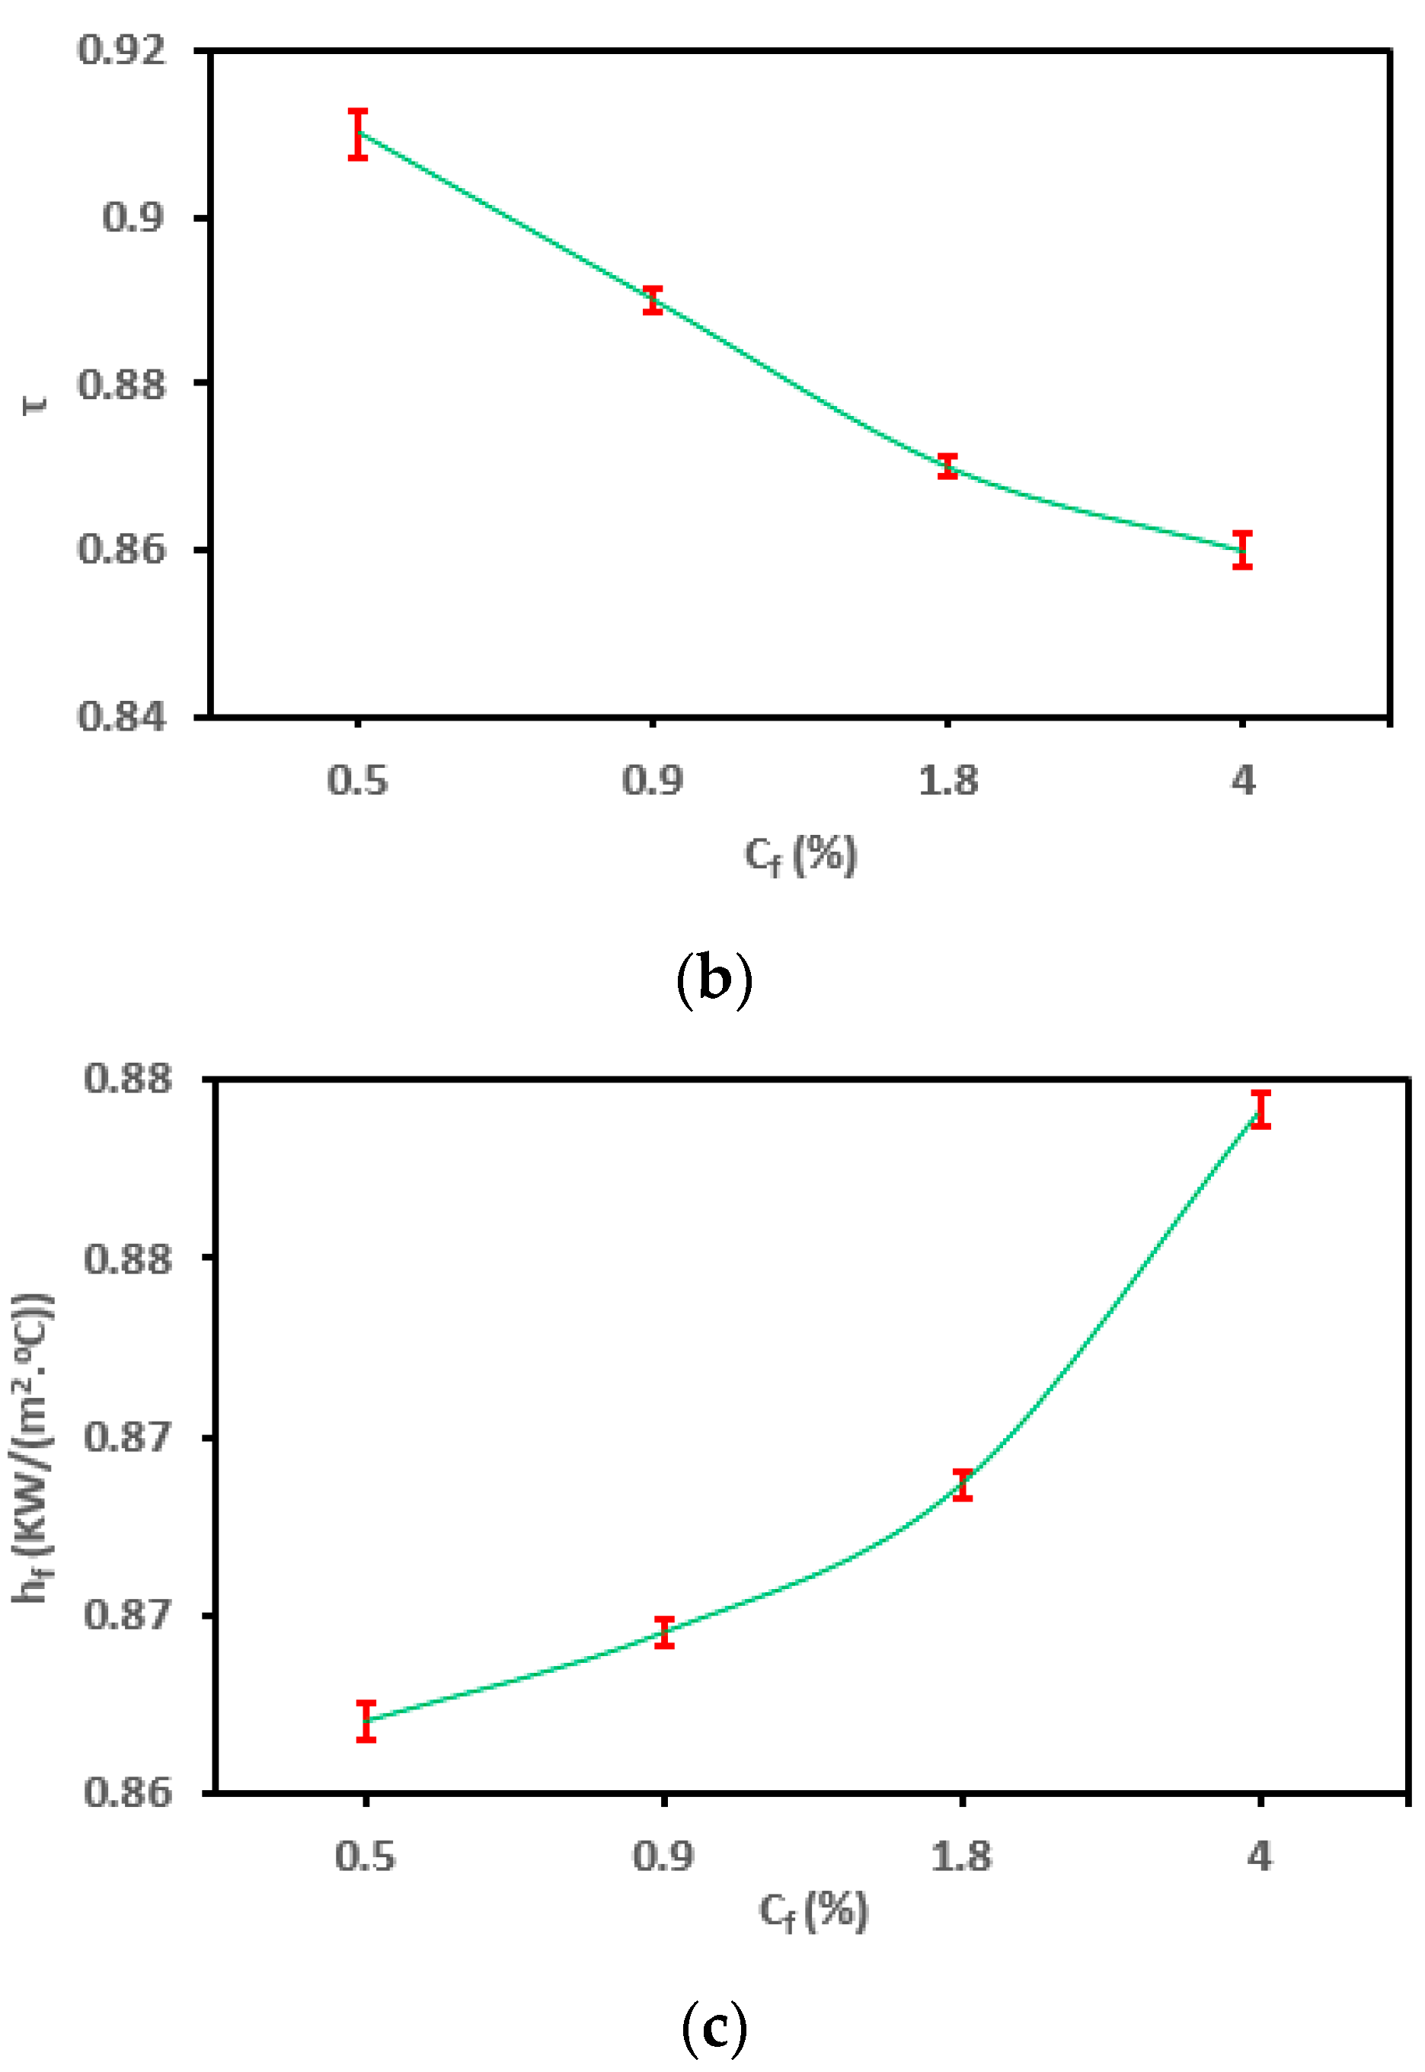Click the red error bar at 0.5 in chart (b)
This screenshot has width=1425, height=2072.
(x=358, y=135)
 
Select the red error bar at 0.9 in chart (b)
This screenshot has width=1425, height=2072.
(x=653, y=300)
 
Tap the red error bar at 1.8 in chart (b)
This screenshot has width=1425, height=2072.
(x=948, y=466)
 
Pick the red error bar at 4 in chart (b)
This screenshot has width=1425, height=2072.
(x=1243, y=550)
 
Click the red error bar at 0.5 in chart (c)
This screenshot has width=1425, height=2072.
(x=366, y=1721)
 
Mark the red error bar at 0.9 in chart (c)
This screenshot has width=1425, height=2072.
(x=664, y=1632)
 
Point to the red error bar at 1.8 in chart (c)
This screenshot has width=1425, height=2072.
(x=963, y=1485)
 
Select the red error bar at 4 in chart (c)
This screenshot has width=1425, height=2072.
(x=1260, y=1109)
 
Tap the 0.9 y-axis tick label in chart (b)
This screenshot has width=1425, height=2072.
(x=134, y=217)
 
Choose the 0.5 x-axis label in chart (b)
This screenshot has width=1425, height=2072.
(x=357, y=781)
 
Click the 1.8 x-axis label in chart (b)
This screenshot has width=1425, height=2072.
(x=948, y=781)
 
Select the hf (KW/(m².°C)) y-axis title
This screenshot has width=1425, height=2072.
(x=34, y=1447)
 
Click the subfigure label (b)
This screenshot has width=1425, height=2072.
(x=714, y=980)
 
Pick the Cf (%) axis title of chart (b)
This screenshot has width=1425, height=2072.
(x=801, y=855)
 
